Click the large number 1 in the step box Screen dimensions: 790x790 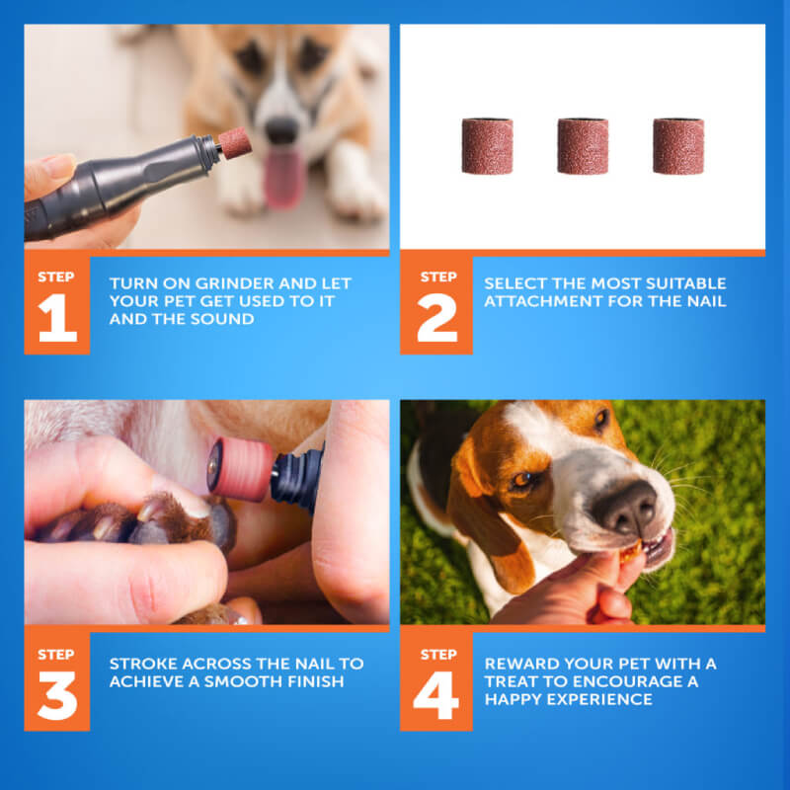57,318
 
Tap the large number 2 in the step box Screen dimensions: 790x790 436,318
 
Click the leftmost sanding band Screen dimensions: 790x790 487,146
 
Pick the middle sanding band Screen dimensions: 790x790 583,146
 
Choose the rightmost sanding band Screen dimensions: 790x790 678,146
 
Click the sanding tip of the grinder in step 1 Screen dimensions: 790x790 235,143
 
